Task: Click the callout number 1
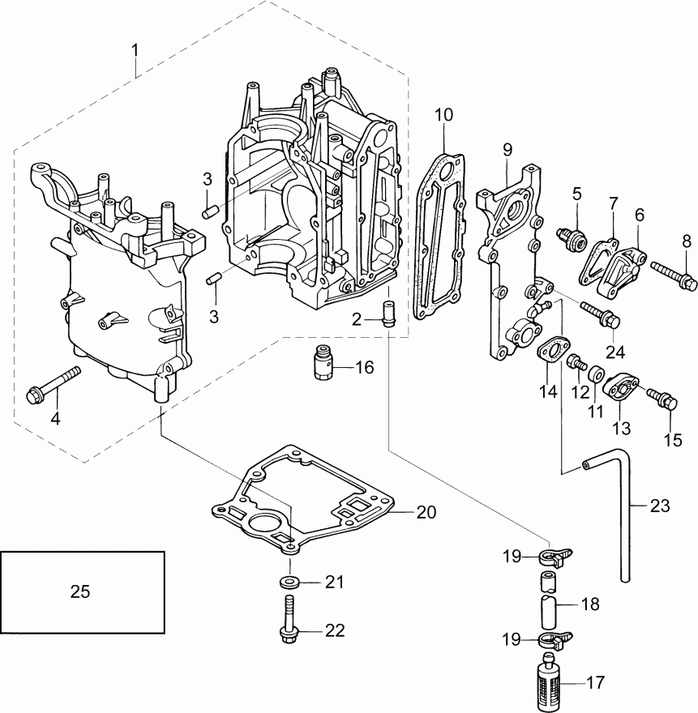(x=135, y=49)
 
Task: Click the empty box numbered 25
(x=82, y=591)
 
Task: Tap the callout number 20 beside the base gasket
(x=426, y=512)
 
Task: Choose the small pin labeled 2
(x=388, y=313)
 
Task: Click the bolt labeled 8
(x=674, y=274)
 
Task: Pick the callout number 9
(x=507, y=149)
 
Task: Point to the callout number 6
(x=640, y=215)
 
